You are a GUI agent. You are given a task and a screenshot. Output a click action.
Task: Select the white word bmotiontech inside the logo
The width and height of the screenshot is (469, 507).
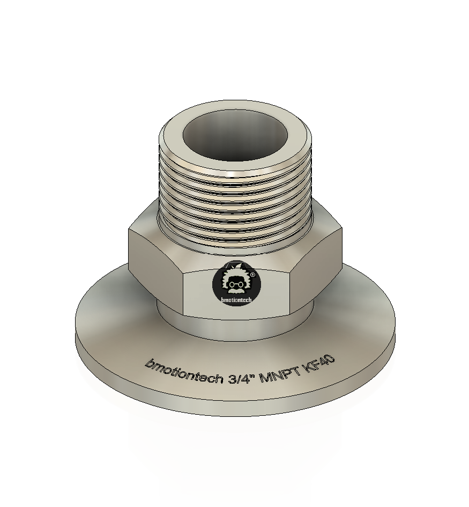236,300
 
